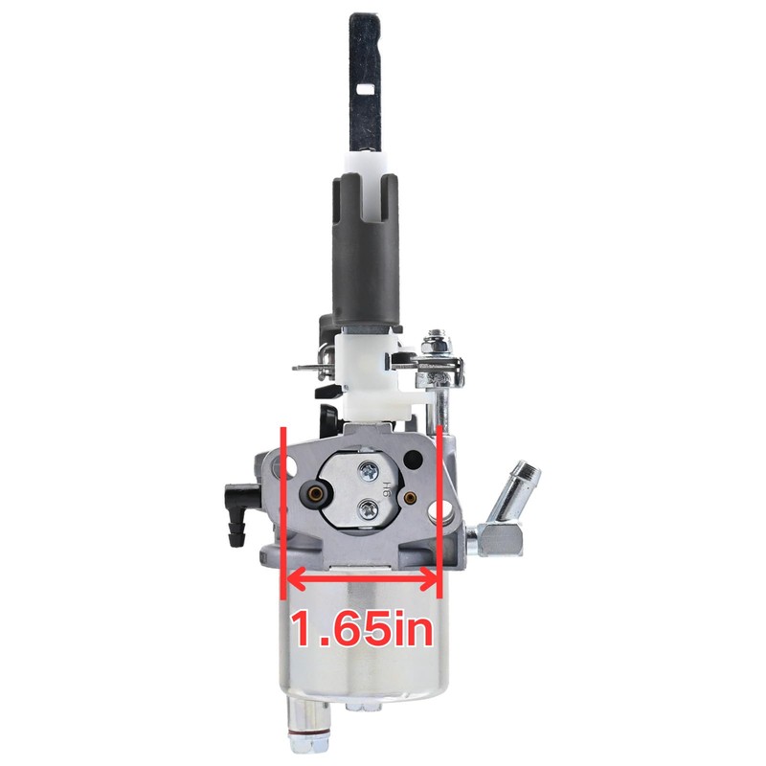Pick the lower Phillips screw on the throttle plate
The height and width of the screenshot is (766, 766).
click(x=367, y=511)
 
